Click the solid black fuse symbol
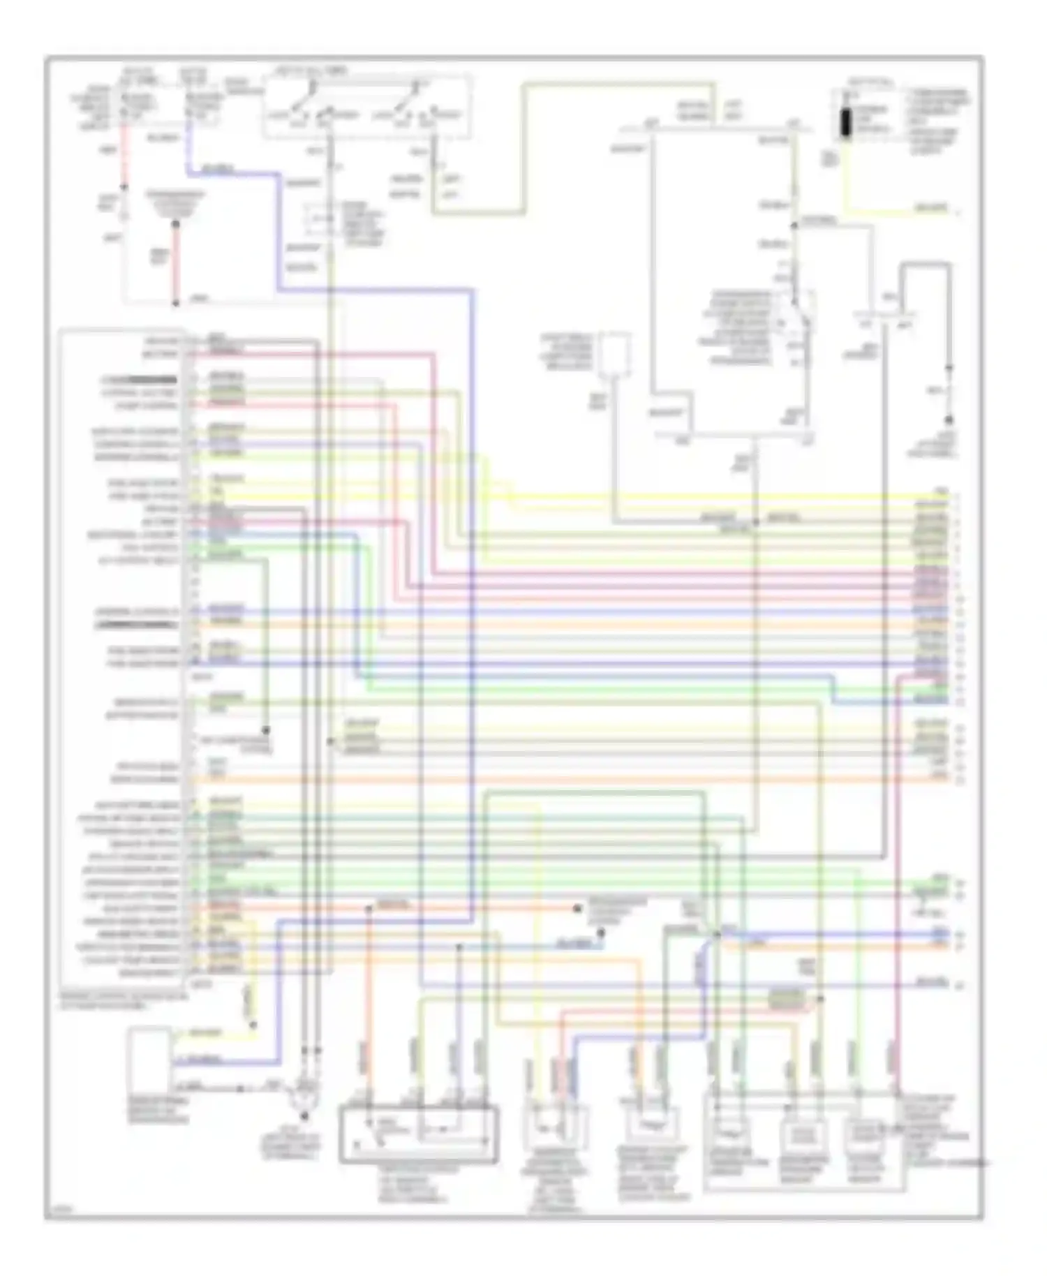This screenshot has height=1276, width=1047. point(846,123)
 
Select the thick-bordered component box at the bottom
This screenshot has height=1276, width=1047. point(419,1134)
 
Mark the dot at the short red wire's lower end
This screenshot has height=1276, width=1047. point(176,304)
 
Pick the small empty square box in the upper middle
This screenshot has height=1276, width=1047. point(614,353)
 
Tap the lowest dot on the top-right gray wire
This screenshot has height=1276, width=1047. point(949,420)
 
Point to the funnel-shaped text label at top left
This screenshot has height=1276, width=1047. point(175,202)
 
